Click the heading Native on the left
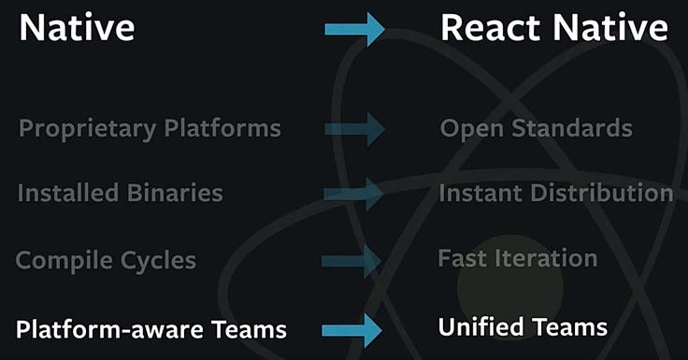pyautogui.click(x=77, y=28)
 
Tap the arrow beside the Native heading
pyautogui.click(x=355, y=29)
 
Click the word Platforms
pyautogui.click(x=222, y=128)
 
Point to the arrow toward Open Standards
pyautogui.click(x=355, y=129)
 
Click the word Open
pyautogui.click(x=472, y=129)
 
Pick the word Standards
pyautogui.click(x=572, y=128)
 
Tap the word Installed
pyautogui.click(x=68, y=193)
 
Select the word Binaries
pyautogui.click(x=175, y=193)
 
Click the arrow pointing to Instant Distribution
pyautogui.click(x=353, y=194)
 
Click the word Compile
pyautogui.click(x=64, y=261)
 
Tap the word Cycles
pyautogui.click(x=158, y=261)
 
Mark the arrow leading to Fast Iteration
pyautogui.click(x=351, y=262)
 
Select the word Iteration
pyautogui.click(x=546, y=258)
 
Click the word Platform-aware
pyautogui.click(x=109, y=329)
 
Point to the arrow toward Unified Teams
pyautogui.click(x=351, y=331)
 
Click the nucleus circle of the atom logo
pyautogui.click(x=510, y=288)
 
